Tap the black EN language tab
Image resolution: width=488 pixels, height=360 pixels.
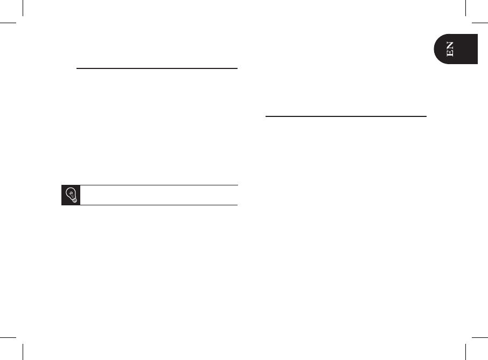point(456,49)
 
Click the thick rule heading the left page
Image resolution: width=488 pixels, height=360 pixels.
point(157,68)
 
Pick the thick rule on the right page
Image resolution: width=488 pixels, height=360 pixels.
point(346,115)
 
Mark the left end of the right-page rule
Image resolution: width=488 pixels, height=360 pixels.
point(266,115)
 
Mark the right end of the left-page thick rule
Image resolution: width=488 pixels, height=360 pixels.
point(237,68)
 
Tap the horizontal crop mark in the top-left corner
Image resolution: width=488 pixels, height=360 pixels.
point(9,23)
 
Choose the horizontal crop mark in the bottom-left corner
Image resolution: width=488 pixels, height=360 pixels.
point(9,337)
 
